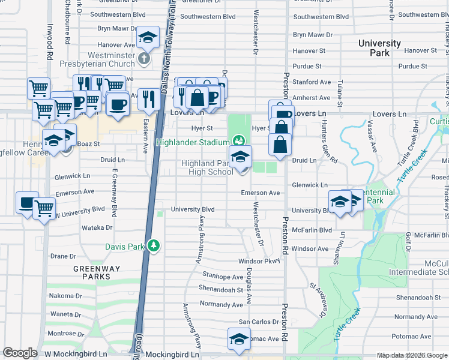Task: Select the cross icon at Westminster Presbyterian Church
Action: coord(143,59)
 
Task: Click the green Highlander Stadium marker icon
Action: coord(239,142)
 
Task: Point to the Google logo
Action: coord(20,353)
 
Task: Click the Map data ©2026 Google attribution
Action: coord(412,355)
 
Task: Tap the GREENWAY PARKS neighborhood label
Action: coord(92,272)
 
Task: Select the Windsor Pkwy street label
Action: coord(259,261)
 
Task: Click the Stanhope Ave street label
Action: coord(223,277)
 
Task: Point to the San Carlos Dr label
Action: coord(259,322)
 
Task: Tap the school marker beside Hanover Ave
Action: coord(147,37)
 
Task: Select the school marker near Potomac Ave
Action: coord(239,339)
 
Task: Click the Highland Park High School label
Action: coord(208,168)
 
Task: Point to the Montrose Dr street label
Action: coord(62,334)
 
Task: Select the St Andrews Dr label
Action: coord(318,301)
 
